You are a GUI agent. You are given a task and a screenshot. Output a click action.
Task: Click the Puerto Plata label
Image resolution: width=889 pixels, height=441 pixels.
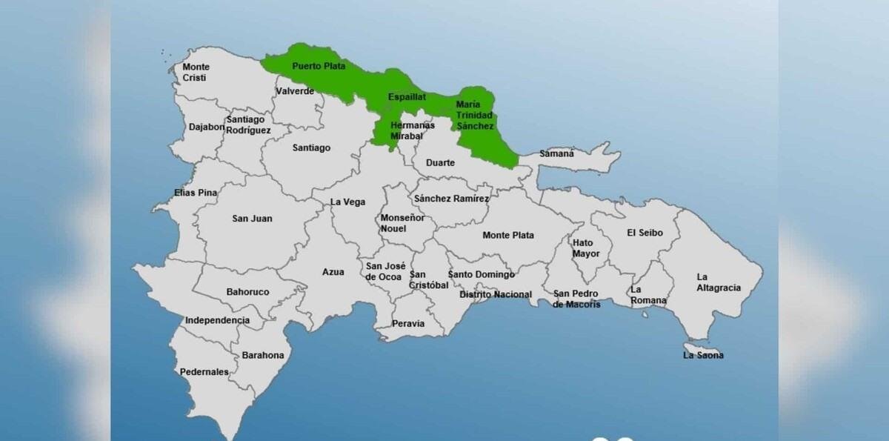pyautogui.click(x=319, y=66)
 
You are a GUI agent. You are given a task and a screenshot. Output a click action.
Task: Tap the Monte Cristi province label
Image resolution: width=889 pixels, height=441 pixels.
pyautogui.click(x=196, y=72)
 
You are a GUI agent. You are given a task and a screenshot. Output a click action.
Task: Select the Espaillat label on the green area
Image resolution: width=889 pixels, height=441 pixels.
pyautogui.click(x=407, y=97)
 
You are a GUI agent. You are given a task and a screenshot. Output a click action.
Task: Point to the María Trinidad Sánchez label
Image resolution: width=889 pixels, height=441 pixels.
pyautogui.click(x=474, y=115)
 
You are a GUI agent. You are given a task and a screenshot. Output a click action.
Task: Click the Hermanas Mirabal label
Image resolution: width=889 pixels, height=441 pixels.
pyautogui.click(x=412, y=130)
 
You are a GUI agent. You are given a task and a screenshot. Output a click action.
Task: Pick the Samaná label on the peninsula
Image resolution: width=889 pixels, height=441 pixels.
pyautogui.click(x=556, y=153)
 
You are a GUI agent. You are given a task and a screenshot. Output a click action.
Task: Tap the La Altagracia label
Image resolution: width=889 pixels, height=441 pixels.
pyautogui.click(x=718, y=282)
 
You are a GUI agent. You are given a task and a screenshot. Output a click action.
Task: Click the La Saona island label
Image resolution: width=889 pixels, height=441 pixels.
pyautogui.click(x=703, y=355)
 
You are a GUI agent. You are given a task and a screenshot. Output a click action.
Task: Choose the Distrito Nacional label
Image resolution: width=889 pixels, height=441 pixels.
pyautogui.click(x=496, y=294)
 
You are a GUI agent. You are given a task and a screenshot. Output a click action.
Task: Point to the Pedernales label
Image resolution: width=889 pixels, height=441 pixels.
pyautogui.click(x=204, y=371)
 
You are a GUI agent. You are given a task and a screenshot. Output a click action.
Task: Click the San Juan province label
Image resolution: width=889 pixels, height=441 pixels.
pyautogui.click(x=252, y=219)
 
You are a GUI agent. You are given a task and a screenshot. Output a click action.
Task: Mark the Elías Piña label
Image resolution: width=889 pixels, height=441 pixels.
pyautogui.click(x=196, y=193)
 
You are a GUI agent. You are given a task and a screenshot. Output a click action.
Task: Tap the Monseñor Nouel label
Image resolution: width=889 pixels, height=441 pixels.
pyautogui.click(x=402, y=223)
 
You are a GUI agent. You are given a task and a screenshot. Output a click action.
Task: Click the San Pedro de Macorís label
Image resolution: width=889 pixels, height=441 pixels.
pyautogui.click(x=577, y=299)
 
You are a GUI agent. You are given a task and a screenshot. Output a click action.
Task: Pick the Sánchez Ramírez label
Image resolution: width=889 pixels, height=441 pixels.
pyautogui.click(x=451, y=199)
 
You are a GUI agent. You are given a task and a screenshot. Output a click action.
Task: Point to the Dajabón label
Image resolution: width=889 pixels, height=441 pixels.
pyautogui.click(x=207, y=127)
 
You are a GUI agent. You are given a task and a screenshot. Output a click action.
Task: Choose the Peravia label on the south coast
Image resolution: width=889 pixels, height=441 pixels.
pyautogui.click(x=408, y=323)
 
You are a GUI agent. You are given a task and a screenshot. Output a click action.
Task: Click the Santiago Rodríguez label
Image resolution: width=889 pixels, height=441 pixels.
pyautogui.click(x=248, y=125)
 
